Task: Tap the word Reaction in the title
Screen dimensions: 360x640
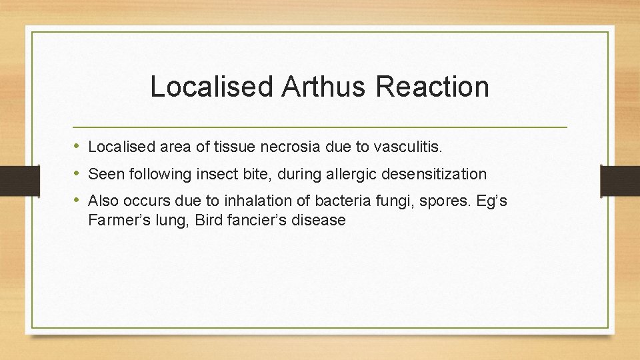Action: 429,87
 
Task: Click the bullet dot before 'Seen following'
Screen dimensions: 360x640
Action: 79,173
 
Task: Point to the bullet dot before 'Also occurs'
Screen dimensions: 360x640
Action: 79,199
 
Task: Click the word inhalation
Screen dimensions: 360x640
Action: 262,201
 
